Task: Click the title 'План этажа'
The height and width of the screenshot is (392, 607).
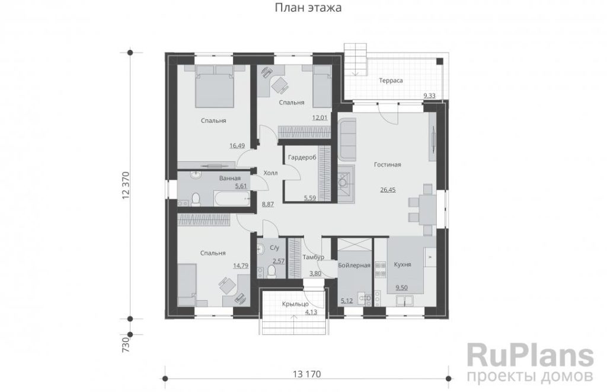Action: [x=308, y=7]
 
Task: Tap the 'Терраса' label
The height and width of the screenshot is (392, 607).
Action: [x=391, y=81]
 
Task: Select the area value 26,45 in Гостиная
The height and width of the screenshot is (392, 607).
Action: [x=388, y=190]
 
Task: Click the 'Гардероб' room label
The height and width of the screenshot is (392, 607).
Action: [x=302, y=157]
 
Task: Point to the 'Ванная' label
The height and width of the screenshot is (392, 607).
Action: [x=230, y=178]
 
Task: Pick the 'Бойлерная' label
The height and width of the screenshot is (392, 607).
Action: [x=354, y=265]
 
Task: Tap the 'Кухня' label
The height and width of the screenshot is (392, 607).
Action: [x=402, y=264]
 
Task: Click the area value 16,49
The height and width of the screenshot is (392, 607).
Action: [x=237, y=146]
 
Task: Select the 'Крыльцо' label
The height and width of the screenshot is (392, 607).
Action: [x=295, y=304]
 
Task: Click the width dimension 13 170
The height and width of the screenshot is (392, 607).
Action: [x=306, y=374]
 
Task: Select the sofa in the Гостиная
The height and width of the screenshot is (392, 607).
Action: [x=347, y=139]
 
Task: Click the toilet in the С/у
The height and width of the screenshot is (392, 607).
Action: [x=271, y=271]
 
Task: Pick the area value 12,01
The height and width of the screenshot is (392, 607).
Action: [x=320, y=118]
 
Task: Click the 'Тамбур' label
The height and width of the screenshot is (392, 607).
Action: [x=313, y=257]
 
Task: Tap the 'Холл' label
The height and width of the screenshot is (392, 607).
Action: [x=270, y=173]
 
